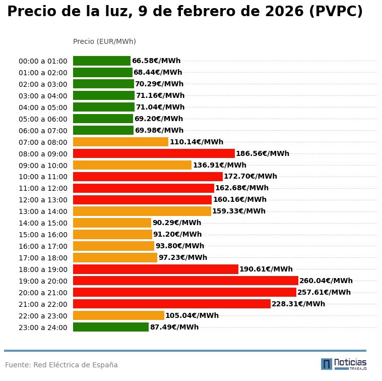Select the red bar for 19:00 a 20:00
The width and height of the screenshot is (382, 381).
(x=185, y=281)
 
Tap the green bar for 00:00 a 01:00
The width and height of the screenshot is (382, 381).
(x=102, y=61)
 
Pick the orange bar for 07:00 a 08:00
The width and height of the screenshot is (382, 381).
(x=120, y=142)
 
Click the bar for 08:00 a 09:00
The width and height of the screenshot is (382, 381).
(x=154, y=153)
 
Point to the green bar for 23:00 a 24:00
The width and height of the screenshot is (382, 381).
(x=111, y=327)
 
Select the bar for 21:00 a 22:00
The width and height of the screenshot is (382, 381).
(x=171, y=304)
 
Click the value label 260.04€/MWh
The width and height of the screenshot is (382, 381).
(x=326, y=281)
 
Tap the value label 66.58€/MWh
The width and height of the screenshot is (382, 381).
(x=156, y=61)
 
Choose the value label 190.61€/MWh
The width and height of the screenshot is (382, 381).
(x=266, y=269)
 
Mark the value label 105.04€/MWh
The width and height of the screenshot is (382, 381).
(x=192, y=315)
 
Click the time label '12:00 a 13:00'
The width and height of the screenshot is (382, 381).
(x=43, y=200)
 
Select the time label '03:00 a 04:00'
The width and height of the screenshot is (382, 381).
(x=43, y=96)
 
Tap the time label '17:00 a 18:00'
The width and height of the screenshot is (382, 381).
(x=43, y=258)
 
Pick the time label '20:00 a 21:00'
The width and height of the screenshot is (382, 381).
(x=43, y=293)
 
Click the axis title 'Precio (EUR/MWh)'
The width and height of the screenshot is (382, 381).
(x=104, y=41)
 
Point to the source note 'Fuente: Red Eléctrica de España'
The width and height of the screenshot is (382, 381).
(x=61, y=365)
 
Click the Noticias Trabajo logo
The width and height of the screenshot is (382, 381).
(x=344, y=364)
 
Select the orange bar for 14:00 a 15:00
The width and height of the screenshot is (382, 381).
(x=112, y=223)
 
